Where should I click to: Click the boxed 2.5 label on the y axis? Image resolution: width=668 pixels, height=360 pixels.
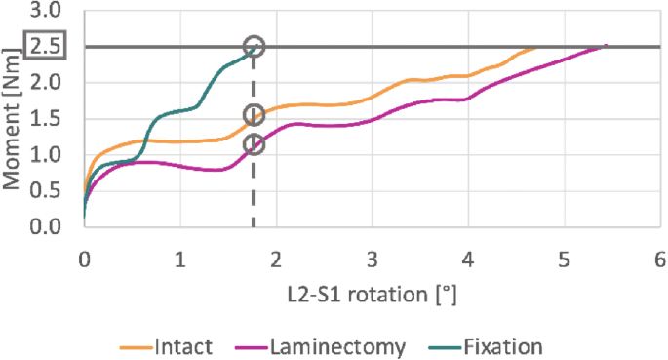coord(46,47)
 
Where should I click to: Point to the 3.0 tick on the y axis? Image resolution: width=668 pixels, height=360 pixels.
coord(46,12)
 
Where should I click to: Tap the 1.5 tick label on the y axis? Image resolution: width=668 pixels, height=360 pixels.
coord(46,119)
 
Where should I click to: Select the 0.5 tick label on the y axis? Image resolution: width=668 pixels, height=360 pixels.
coord(46,191)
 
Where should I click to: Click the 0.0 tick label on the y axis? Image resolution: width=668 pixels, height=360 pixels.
coord(46,226)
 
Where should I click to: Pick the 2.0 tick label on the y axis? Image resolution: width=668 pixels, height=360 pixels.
coord(46,84)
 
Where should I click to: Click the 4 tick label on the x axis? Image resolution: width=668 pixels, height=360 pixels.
coord(468,259)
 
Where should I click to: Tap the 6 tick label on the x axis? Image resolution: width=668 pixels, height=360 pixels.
coord(660,259)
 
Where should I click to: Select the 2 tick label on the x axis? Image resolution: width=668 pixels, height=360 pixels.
coord(276,259)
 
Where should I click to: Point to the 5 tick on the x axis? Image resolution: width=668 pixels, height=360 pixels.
coord(564,259)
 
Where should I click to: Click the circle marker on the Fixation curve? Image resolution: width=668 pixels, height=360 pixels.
coord(255,47)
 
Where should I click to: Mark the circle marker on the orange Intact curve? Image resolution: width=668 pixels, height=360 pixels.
coord(255,116)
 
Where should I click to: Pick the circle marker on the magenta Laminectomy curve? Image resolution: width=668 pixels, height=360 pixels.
coord(255,144)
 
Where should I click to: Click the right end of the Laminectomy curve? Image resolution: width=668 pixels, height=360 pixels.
coord(606,46)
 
